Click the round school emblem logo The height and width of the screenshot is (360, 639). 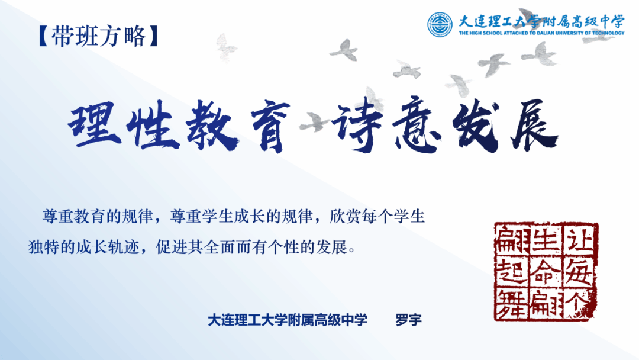click(440, 24)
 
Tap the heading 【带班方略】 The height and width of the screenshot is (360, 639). click(98, 36)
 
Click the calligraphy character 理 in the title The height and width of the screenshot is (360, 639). click(94, 124)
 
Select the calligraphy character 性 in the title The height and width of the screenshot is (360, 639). click(153, 125)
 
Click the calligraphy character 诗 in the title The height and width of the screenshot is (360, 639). click(357, 124)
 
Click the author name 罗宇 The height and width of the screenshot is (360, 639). click(408, 320)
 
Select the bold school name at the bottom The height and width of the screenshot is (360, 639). click(288, 320)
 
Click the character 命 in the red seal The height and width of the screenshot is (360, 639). click(546, 272)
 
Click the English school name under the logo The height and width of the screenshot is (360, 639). click(541, 33)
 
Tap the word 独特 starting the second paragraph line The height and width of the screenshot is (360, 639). click(44, 247)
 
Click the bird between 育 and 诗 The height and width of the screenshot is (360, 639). click(313, 123)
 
